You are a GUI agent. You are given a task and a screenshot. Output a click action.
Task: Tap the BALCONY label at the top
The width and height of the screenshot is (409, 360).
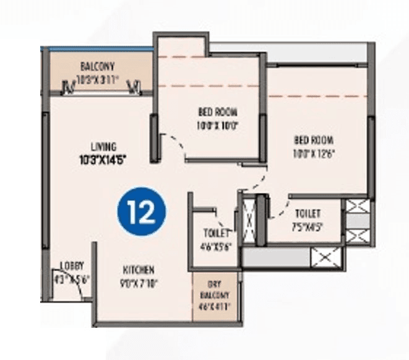[x=97, y=67]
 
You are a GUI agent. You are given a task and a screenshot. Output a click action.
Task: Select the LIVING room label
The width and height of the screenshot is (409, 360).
[x=103, y=147]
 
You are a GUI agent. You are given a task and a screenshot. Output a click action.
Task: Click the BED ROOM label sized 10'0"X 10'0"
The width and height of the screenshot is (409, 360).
[x=218, y=112]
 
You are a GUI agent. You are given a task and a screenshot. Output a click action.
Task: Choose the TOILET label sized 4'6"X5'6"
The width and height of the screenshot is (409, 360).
[x=216, y=233]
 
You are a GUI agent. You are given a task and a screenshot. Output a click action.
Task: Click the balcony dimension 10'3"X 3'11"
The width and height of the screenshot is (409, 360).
[x=97, y=79]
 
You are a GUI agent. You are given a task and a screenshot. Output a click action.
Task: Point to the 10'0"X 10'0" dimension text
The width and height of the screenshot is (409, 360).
[x=218, y=124]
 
